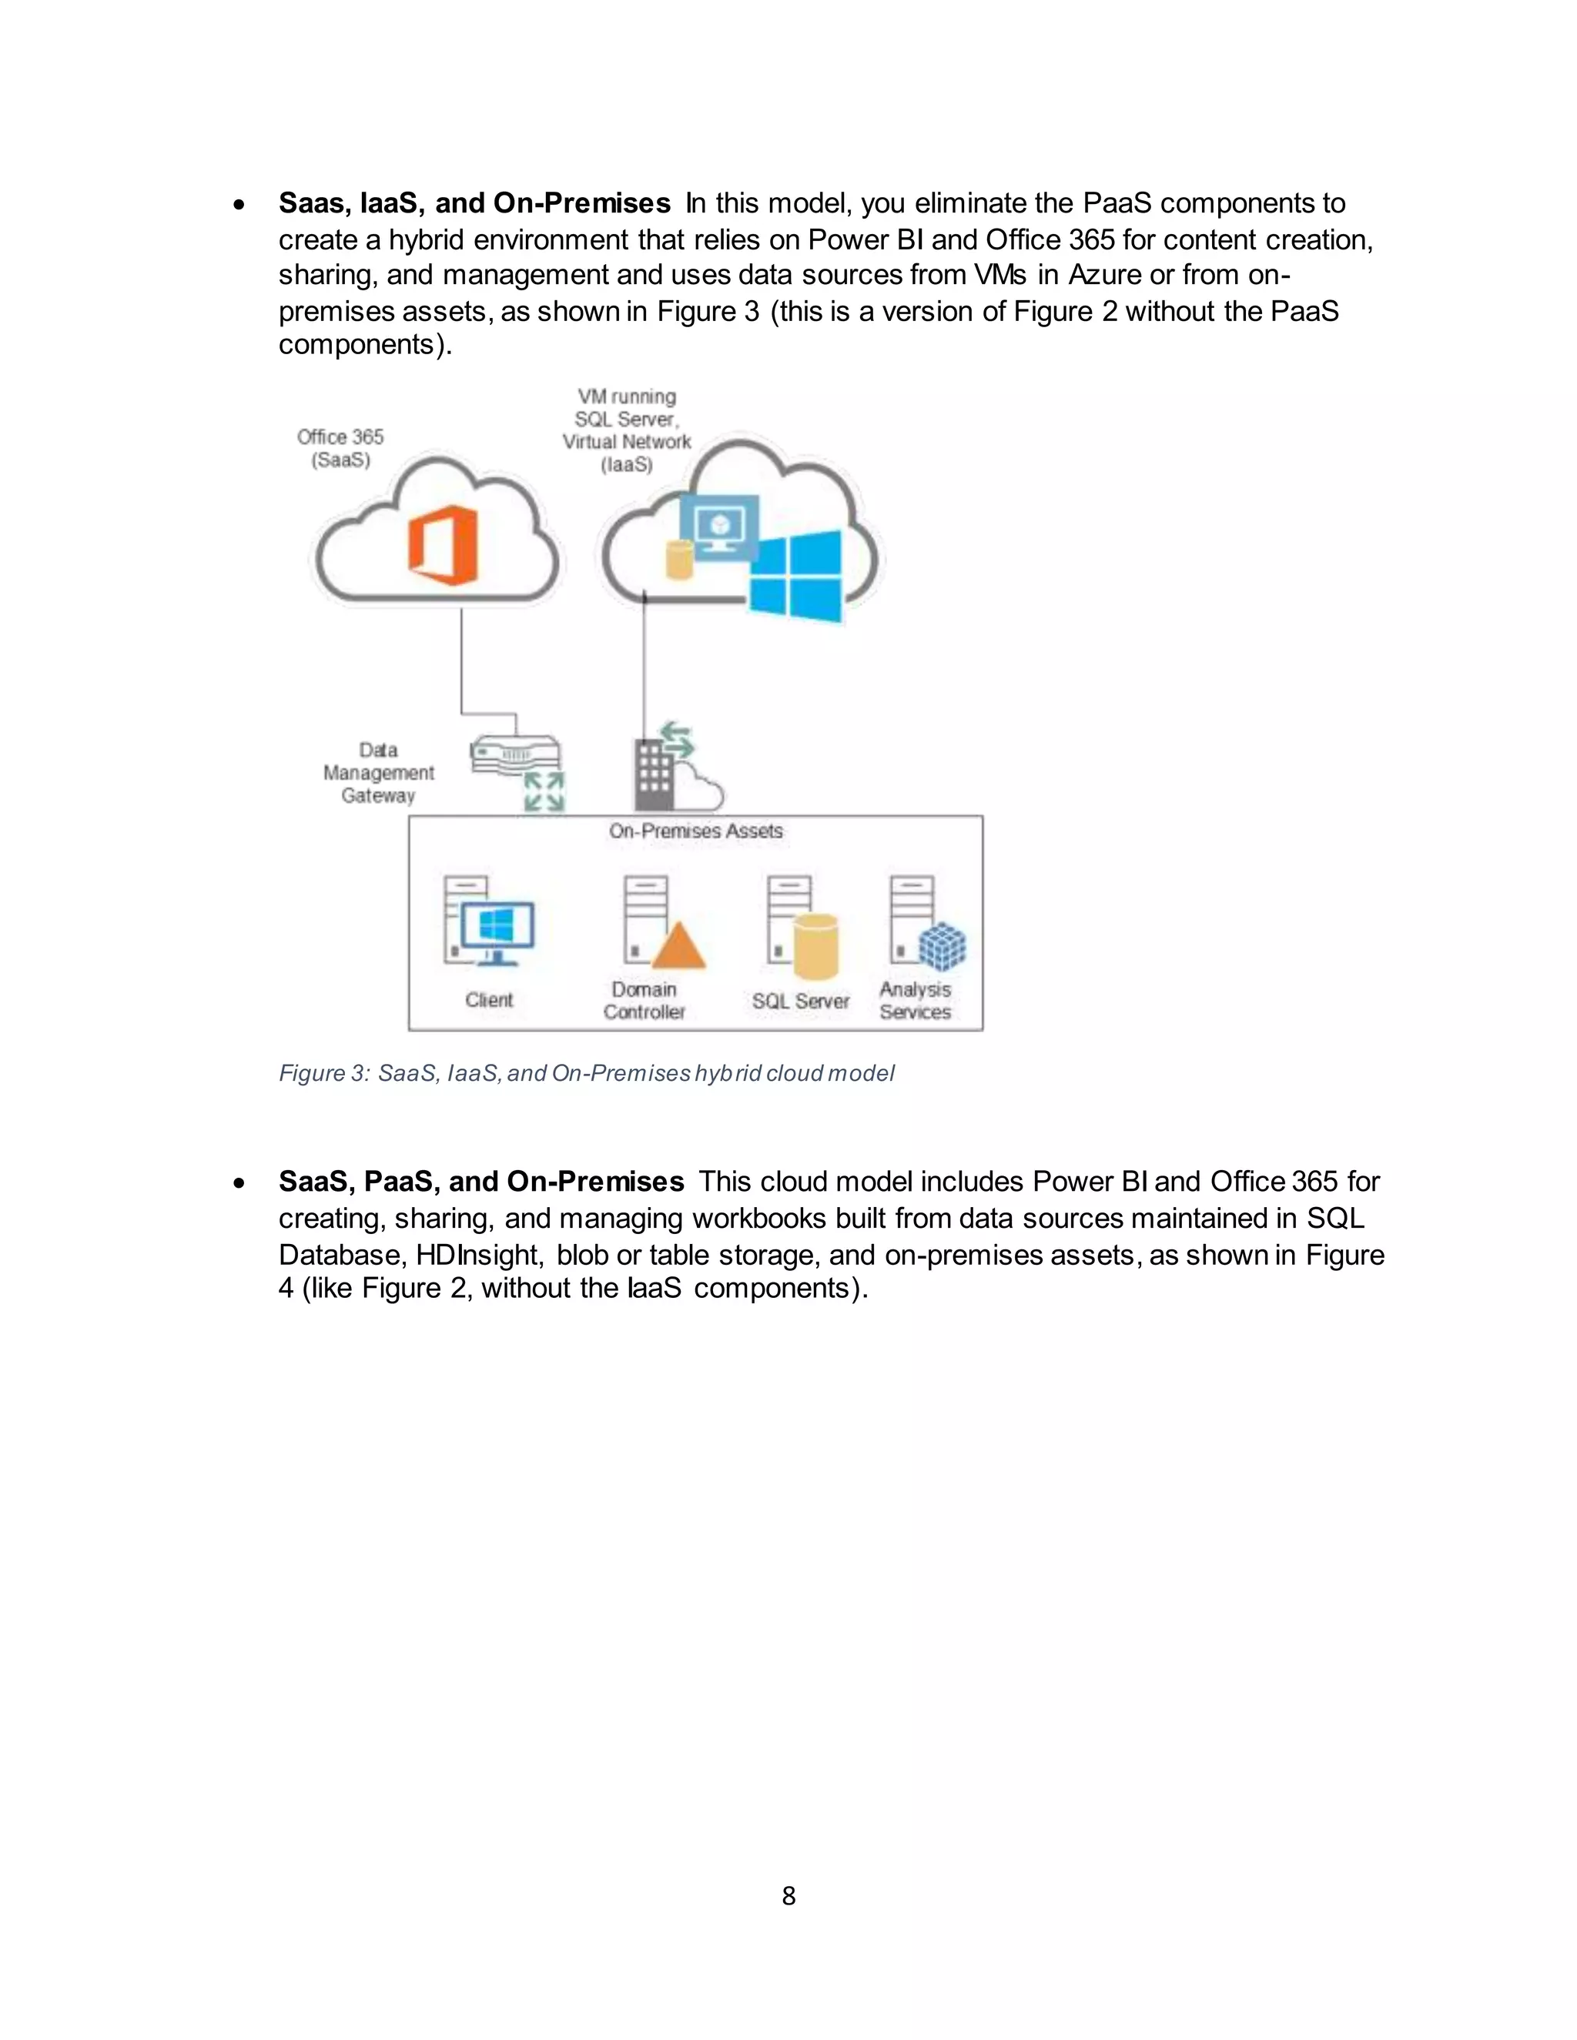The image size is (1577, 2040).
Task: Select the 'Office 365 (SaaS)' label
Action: point(340,448)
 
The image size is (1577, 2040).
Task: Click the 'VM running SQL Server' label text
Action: point(626,408)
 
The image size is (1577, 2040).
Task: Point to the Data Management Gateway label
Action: point(378,772)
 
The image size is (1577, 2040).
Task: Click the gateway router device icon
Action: point(515,754)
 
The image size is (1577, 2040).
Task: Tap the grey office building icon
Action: point(654,774)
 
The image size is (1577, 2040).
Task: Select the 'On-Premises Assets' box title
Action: point(695,831)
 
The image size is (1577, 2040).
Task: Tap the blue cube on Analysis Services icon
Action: point(942,946)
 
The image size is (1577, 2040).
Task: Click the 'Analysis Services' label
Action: point(915,1001)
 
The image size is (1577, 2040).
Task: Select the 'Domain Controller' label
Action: point(644,1001)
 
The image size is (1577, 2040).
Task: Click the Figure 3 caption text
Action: point(586,1073)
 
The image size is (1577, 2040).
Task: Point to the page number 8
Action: point(788,1895)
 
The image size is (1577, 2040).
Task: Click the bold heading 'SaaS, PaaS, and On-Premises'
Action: point(481,1182)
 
